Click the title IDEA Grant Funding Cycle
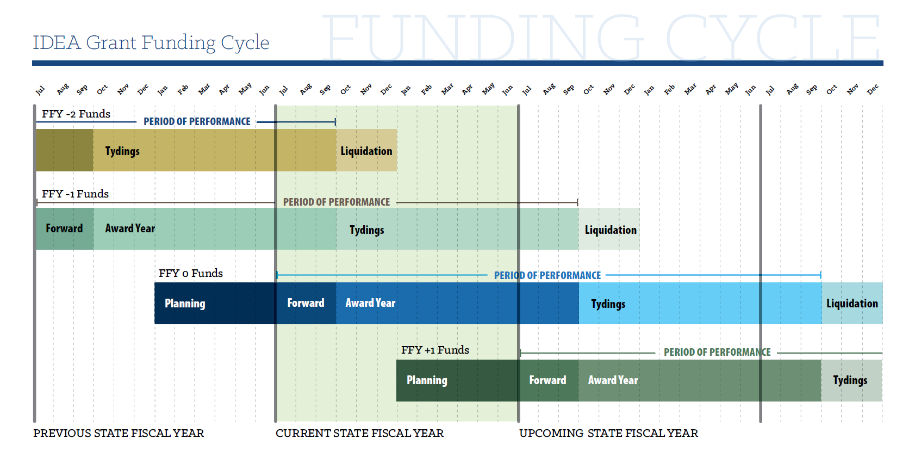point(151,42)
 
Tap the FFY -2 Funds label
point(76,114)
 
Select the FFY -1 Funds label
point(75,194)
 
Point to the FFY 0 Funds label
point(191,273)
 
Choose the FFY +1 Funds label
point(435,350)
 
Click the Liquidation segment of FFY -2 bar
point(366,151)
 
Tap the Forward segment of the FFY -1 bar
point(64,228)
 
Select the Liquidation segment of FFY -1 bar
point(610,230)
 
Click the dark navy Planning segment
point(215,303)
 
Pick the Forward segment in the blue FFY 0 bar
point(306,303)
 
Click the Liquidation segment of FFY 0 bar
point(852,304)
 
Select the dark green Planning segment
point(457,380)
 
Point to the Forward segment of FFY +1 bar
point(548,380)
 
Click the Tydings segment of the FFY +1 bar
point(851,380)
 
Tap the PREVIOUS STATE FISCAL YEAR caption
point(119,433)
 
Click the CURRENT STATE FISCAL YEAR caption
point(359,433)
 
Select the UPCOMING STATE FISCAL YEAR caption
point(608,433)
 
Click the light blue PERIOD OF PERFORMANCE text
point(547,275)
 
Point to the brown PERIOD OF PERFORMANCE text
point(336,202)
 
